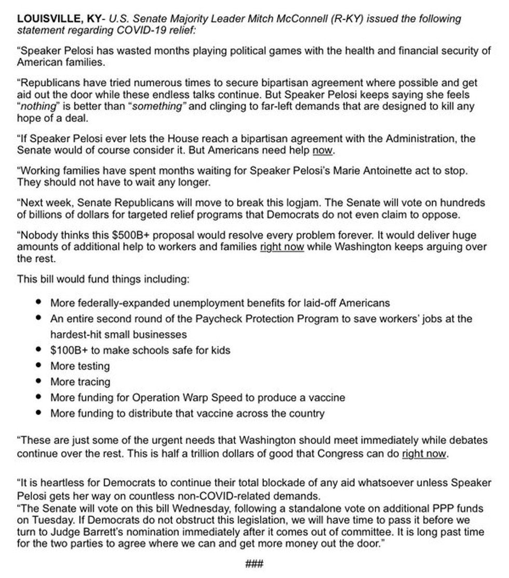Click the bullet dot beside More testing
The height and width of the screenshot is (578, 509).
[39, 365]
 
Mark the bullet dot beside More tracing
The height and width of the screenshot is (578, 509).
[39, 381]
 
